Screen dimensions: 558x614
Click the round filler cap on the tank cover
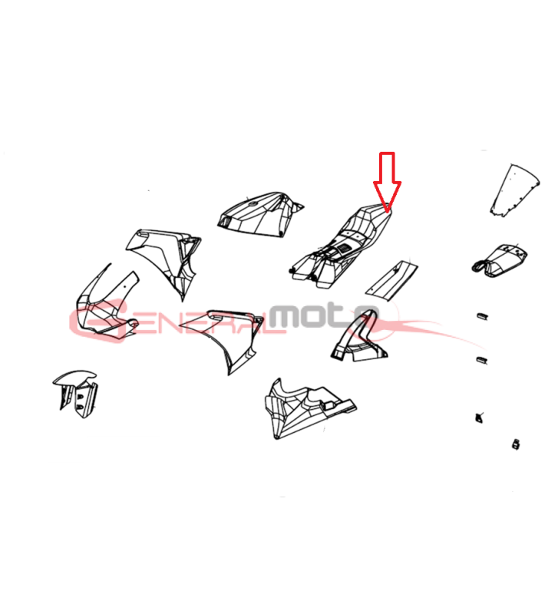[x=253, y=203]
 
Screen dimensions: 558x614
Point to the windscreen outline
[x=514, y=190]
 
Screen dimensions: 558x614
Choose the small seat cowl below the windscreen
[x=499, y=261]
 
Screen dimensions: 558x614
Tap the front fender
[x=75, y=393]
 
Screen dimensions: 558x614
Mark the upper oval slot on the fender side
[x=81, y=397]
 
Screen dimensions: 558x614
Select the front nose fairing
[x=107, y=303]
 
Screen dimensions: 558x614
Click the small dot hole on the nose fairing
[x=124, y=286]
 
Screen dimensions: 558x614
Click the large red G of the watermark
[x=99, y=320]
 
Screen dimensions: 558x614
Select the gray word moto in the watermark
[x=324, y=315]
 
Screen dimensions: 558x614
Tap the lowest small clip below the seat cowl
[x=516, y=444]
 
